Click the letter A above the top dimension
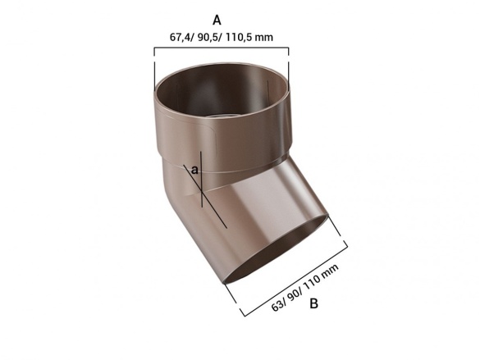[217, 18]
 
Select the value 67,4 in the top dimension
[181, 37]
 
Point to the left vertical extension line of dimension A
[154, 66]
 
